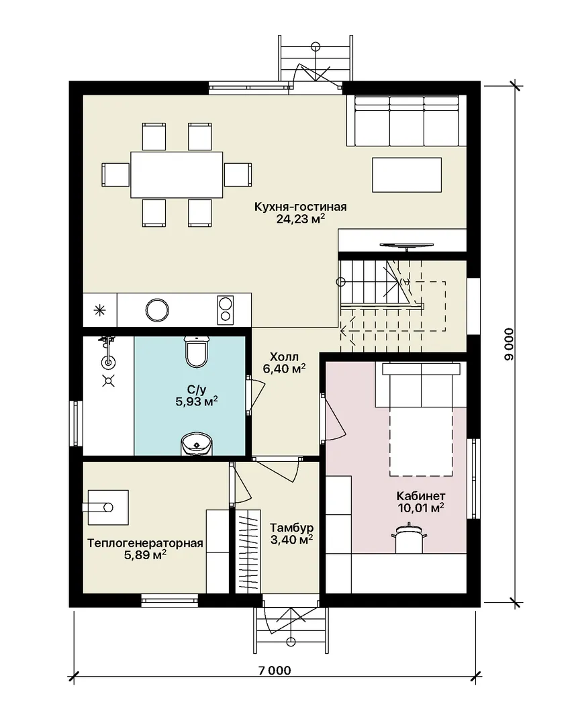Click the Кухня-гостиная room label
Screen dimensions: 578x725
coord(300,207)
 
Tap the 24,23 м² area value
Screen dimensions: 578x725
coord(300,219)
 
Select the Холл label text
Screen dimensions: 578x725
coord(284,357)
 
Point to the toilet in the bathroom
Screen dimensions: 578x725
coord(197,351)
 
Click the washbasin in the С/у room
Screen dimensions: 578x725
coord(196,444)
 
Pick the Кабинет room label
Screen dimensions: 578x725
coord(421,496)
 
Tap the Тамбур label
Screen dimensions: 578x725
coord(292,528)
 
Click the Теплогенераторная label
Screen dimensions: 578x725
coord(145,543)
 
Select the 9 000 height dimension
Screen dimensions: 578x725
coord(509,344)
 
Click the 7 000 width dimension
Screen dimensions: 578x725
coord(275,671)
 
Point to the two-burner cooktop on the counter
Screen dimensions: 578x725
coord(226,309)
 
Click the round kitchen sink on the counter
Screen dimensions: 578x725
coord(157,309)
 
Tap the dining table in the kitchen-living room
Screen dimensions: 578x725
coord(177,175)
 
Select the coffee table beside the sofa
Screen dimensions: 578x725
coord(407,175)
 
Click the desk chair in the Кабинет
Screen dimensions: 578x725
coord(409,536)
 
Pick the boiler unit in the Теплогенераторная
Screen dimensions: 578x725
coord(108,507)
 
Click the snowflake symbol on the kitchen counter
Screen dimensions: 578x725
coord(99,310)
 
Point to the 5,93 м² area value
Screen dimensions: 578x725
coord(197,401)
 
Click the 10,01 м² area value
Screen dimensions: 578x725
coord(421,508)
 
